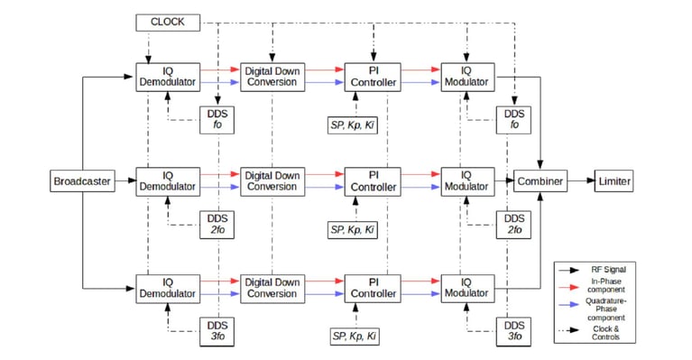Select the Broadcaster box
click(81, 181)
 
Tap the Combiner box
click(540, 181)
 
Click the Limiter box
click(614, 181)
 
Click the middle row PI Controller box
click(371, 181)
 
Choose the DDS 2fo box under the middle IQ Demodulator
click(217, 224)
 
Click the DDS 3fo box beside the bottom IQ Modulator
click(514, 330)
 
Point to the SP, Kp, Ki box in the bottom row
click(355, 336)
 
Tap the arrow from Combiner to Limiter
click(581, 181)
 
